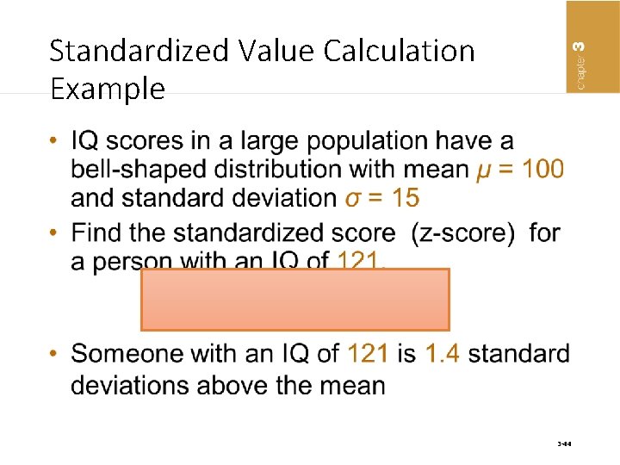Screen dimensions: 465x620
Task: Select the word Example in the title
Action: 107,89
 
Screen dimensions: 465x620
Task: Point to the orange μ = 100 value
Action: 520,169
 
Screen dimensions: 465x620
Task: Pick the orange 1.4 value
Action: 442,354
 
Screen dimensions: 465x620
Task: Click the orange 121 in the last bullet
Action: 369,354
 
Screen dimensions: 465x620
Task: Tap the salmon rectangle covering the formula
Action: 294,300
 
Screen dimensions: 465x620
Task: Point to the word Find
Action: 99,232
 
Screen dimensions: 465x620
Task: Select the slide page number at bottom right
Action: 564,444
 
